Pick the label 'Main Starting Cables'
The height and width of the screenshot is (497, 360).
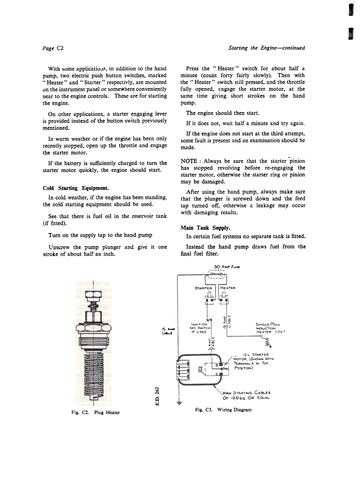tap(246, 395)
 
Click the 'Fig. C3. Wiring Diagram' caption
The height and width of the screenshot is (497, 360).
tap(223, 410)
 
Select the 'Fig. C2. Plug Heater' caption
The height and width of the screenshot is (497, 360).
tap(96, 412)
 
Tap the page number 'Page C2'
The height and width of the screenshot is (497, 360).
tap(53, 48)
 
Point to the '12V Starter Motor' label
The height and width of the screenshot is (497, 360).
tap(253, 361)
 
